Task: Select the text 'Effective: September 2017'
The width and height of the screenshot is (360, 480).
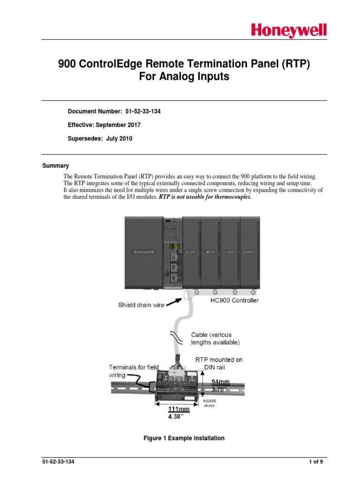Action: (104, 125)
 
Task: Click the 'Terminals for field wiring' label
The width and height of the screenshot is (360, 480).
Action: (134, 371)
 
